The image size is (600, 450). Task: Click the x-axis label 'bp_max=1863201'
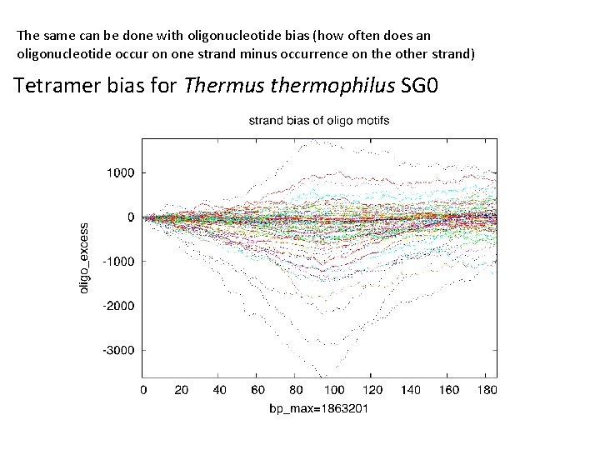(319, 410)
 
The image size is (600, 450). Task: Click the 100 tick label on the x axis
(333, 390)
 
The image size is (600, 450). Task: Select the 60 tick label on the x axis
(257, 390)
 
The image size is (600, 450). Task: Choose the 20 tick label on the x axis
(181, 390)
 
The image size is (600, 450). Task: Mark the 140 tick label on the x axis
(410, 390)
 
